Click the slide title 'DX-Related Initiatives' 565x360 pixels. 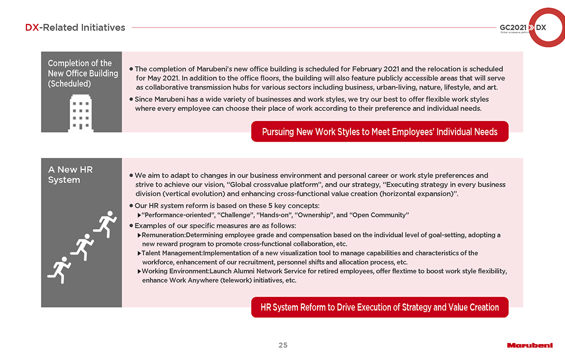75,27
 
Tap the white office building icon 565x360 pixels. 80,112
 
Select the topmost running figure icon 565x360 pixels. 107,223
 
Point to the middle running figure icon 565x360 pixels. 82,246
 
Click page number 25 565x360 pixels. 283,345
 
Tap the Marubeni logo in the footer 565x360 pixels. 529,345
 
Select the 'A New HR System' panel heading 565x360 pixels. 70,174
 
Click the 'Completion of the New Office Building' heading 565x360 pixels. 83,73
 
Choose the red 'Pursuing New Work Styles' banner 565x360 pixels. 379,131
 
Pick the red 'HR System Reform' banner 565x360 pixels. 379,307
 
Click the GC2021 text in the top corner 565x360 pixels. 512,27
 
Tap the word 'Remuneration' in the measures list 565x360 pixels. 163,234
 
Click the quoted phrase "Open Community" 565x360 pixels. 379,215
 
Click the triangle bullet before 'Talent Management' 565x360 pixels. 139,253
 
